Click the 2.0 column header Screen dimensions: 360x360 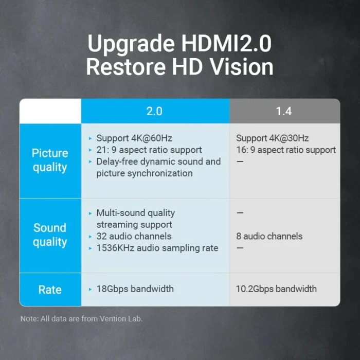tap(154, 111)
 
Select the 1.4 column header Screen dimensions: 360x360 tap(283, 111)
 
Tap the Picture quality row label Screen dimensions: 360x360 tap(50, 160)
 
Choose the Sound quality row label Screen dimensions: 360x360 tap(50, 235)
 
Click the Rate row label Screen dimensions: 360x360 tap(50, 290)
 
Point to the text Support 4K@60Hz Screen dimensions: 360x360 tap(134, 138)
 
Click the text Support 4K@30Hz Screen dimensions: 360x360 tap(272, 138)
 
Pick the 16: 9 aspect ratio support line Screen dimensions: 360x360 tap(286, 150)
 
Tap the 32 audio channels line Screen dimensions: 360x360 tap(134, 237)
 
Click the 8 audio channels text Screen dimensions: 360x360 tap(269, 237)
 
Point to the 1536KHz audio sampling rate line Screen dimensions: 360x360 tap(157, 248)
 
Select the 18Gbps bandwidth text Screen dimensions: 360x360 tap(135, 289)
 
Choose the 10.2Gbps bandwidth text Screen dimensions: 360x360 tap(276, 289)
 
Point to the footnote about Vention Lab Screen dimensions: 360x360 tap(81, 319)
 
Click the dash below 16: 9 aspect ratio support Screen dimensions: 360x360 tap(240, 162)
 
